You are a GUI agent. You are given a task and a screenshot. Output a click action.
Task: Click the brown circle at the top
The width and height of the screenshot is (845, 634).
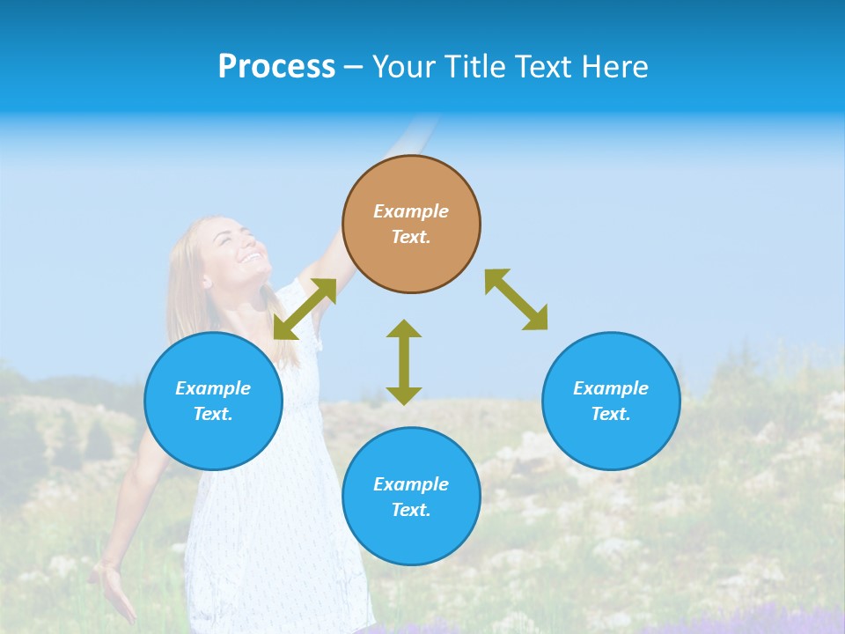click(411, 224)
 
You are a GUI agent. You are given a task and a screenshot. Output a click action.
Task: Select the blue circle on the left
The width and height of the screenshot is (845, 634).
click(213, 401)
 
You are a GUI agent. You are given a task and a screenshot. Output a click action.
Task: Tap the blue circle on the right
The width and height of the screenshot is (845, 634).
click(611, 401)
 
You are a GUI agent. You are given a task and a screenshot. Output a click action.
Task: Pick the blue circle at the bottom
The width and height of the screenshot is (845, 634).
click(411, 497)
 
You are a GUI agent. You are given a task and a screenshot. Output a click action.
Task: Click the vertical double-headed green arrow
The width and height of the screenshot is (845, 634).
click(404, 362)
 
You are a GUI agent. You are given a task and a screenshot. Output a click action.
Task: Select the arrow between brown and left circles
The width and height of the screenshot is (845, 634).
click(305, 309)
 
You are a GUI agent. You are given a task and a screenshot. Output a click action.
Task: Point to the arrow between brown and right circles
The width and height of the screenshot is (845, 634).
click(516, 299)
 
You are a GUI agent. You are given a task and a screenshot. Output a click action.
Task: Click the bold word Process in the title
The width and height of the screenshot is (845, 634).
click(276, 66)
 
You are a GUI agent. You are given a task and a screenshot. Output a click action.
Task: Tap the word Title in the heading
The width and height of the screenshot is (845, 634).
click(475, 67)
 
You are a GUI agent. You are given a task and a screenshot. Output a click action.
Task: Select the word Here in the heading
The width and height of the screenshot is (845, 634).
click(615, 67)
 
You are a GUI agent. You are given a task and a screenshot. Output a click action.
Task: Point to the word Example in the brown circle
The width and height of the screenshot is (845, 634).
click(411, 211)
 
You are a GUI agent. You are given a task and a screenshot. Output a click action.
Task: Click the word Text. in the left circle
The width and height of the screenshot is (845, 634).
click(213, 414)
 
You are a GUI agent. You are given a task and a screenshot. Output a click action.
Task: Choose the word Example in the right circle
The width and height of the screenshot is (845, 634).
click(611, 388)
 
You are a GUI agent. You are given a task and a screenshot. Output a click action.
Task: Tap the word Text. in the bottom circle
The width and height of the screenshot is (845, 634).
click(411, 510)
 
